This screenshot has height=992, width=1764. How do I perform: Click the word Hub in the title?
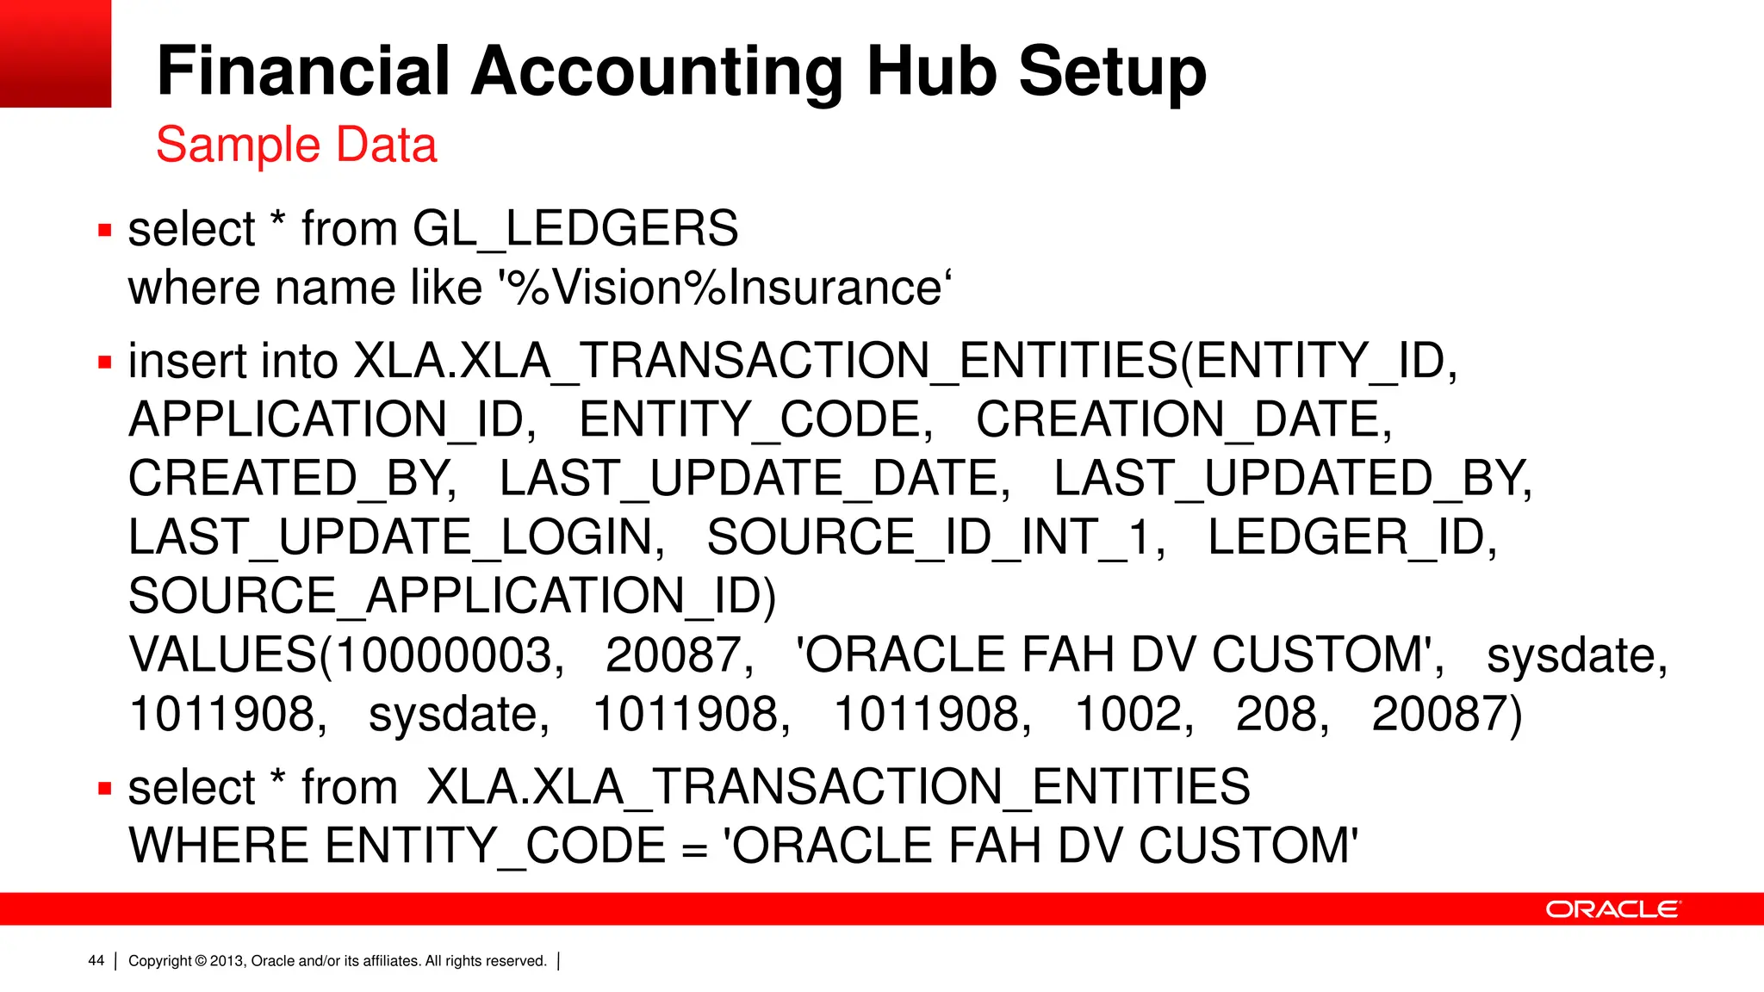[934, 71]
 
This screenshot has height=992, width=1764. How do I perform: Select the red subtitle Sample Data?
[296, 145]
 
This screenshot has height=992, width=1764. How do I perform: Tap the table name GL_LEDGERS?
[575, 229]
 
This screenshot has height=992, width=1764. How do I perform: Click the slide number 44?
[96, 961]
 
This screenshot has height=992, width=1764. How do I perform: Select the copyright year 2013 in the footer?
[227, 961]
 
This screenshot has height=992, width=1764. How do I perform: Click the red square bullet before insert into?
[105, 363]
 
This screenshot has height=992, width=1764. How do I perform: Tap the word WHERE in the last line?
[220, 846]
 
